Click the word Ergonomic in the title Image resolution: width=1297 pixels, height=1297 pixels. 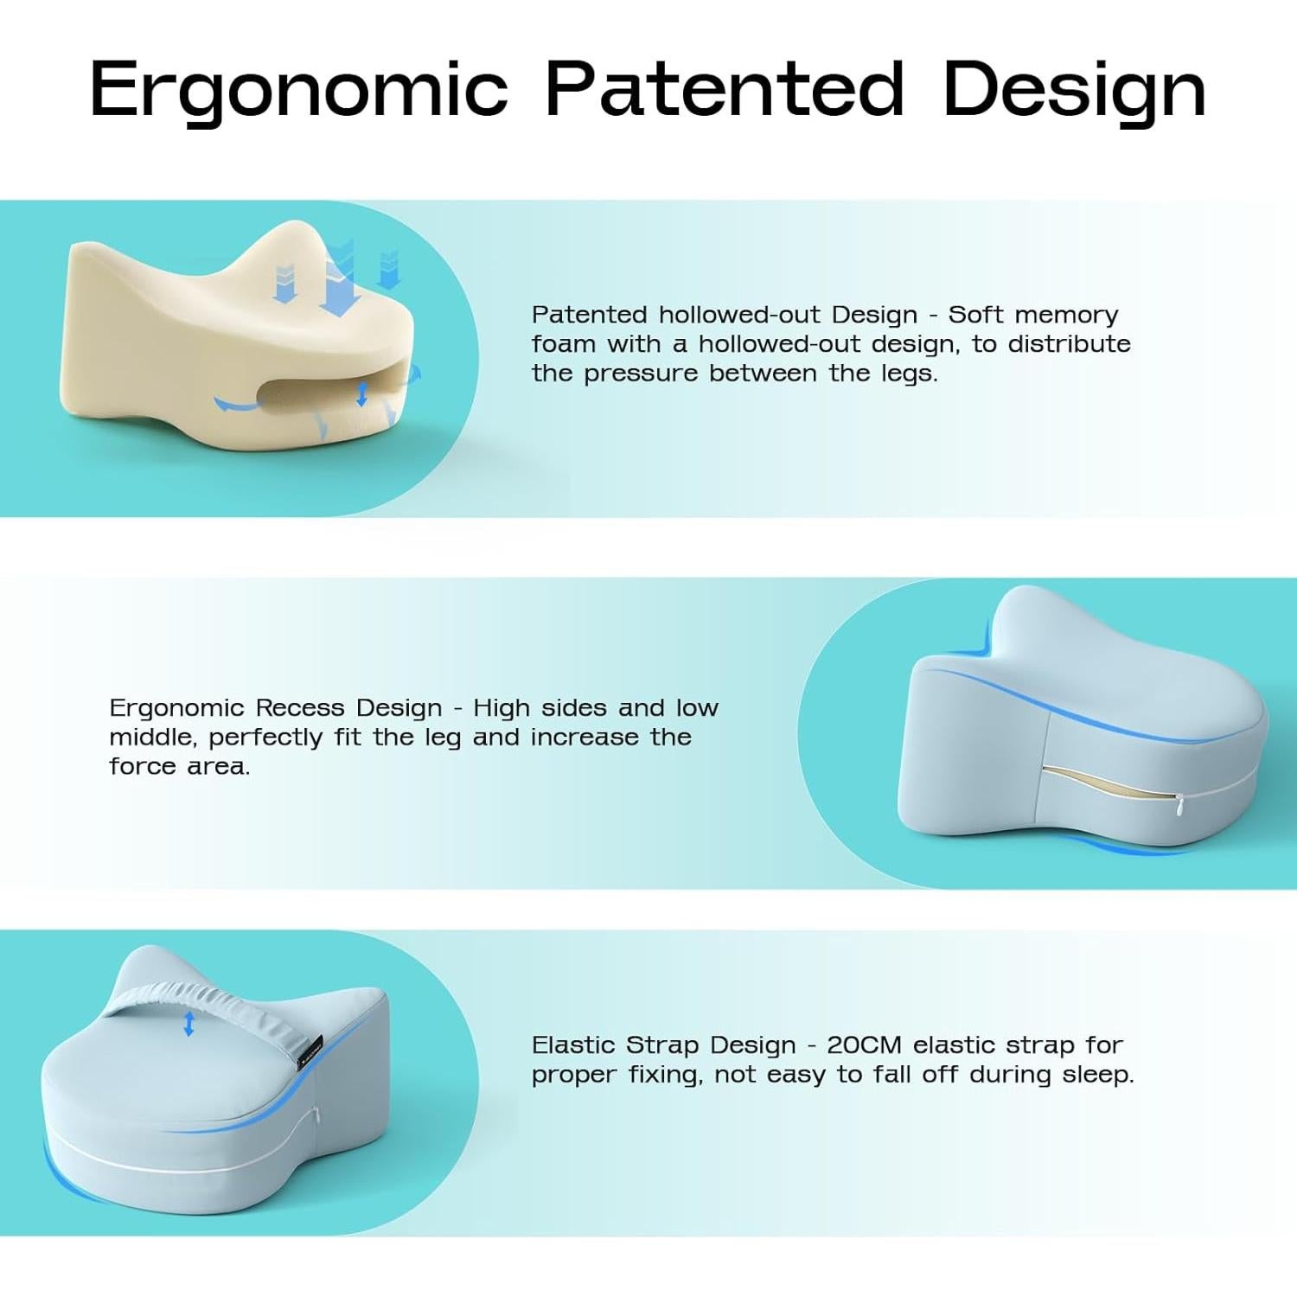(298, 90)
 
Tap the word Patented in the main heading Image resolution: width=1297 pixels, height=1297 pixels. (725, 88)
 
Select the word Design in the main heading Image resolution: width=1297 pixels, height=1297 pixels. (1075, 90)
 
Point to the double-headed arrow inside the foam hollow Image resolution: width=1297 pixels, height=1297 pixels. (362, 394)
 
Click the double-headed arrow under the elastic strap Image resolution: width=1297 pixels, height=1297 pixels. (189, 1025)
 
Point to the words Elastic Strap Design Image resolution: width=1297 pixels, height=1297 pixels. (663, 1046)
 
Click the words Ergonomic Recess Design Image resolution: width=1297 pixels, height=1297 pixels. (276, 709)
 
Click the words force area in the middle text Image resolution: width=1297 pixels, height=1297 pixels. (180, 767)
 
